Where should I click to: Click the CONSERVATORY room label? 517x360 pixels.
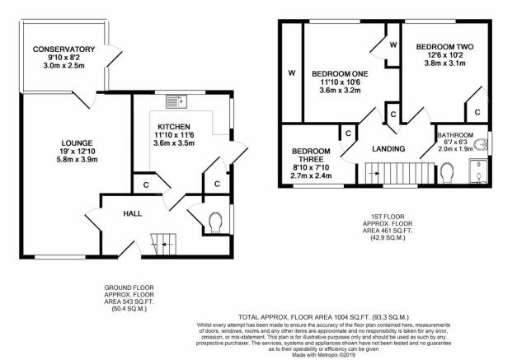[x=63, y=49]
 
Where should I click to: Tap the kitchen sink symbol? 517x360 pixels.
[x=176, y=101]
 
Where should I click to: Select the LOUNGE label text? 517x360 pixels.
[x=77, y=143]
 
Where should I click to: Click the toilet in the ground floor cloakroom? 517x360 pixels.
[x=215, y=221]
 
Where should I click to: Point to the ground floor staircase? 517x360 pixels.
[x=164, y=244]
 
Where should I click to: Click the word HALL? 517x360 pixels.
[x=132, y=213]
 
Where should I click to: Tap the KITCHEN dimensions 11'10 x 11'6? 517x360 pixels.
[x=174, y=135]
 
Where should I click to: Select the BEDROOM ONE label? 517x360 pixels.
[x=340, y=74]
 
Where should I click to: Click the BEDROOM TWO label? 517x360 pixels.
[x=444, y=47]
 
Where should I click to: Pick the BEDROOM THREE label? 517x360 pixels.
[x=311, y=155]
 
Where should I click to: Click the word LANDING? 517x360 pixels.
[x=388, y=149]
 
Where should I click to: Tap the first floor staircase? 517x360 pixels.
[x=399, y=173]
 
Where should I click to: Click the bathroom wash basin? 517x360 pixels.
[x=481, y=144]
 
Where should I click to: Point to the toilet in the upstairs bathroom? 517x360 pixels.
[x=447, y=173]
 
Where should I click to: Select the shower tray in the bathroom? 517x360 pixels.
[x=478, y=171]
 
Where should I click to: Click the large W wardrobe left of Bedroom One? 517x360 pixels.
[x=292, y=72]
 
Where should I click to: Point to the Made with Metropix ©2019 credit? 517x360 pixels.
[x=323, y=355]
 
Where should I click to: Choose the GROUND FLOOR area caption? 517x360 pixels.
[x=129, y=298]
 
